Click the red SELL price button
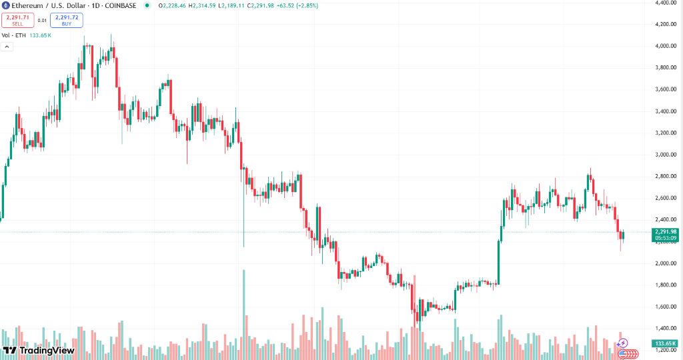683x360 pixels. click(x=17, y=20)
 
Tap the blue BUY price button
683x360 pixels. click(x=66, y=20)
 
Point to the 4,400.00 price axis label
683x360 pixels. click(x=666, y=3)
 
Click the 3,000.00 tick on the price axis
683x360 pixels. click(x=666, y=155)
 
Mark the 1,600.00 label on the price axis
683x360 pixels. click(x=666, y=307)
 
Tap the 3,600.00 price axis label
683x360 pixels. click(x=666, y=89)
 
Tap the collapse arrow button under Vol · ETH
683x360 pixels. click(x=7, y=47)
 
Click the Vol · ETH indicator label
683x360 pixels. click(x=13, y=35)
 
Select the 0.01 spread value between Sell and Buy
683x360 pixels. click(x=42, y=20)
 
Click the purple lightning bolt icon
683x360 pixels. click(x=624, y=343)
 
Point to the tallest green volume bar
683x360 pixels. click(x=244, y=313)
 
